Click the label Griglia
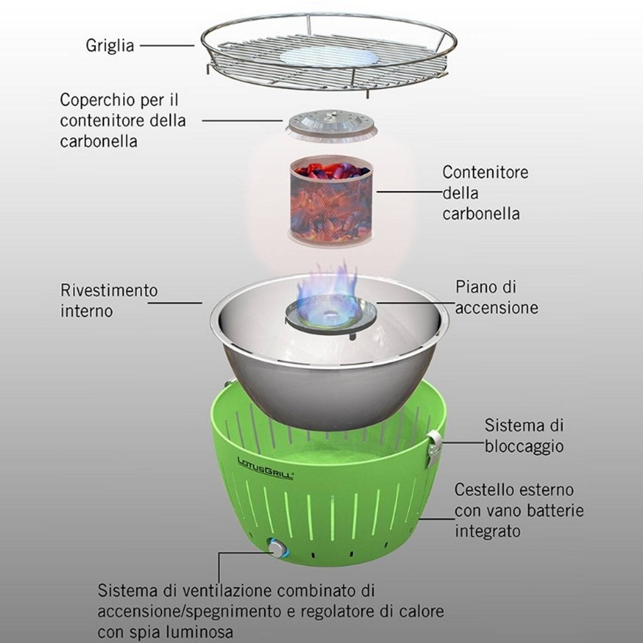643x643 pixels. click(x=110, y=46)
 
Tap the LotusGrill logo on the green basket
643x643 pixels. click(x=265, y=468)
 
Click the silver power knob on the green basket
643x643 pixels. click(x=277, y=548)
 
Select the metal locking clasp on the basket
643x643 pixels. click(x=435, y=447)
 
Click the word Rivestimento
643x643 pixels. click(x=109, y=290)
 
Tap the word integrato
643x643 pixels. click(x=487, y=531)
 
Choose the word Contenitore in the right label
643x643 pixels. click(x=485, y=172)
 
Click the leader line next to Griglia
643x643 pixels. click(x=167, y=45)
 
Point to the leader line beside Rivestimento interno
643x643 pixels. click(x=175, y=302)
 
